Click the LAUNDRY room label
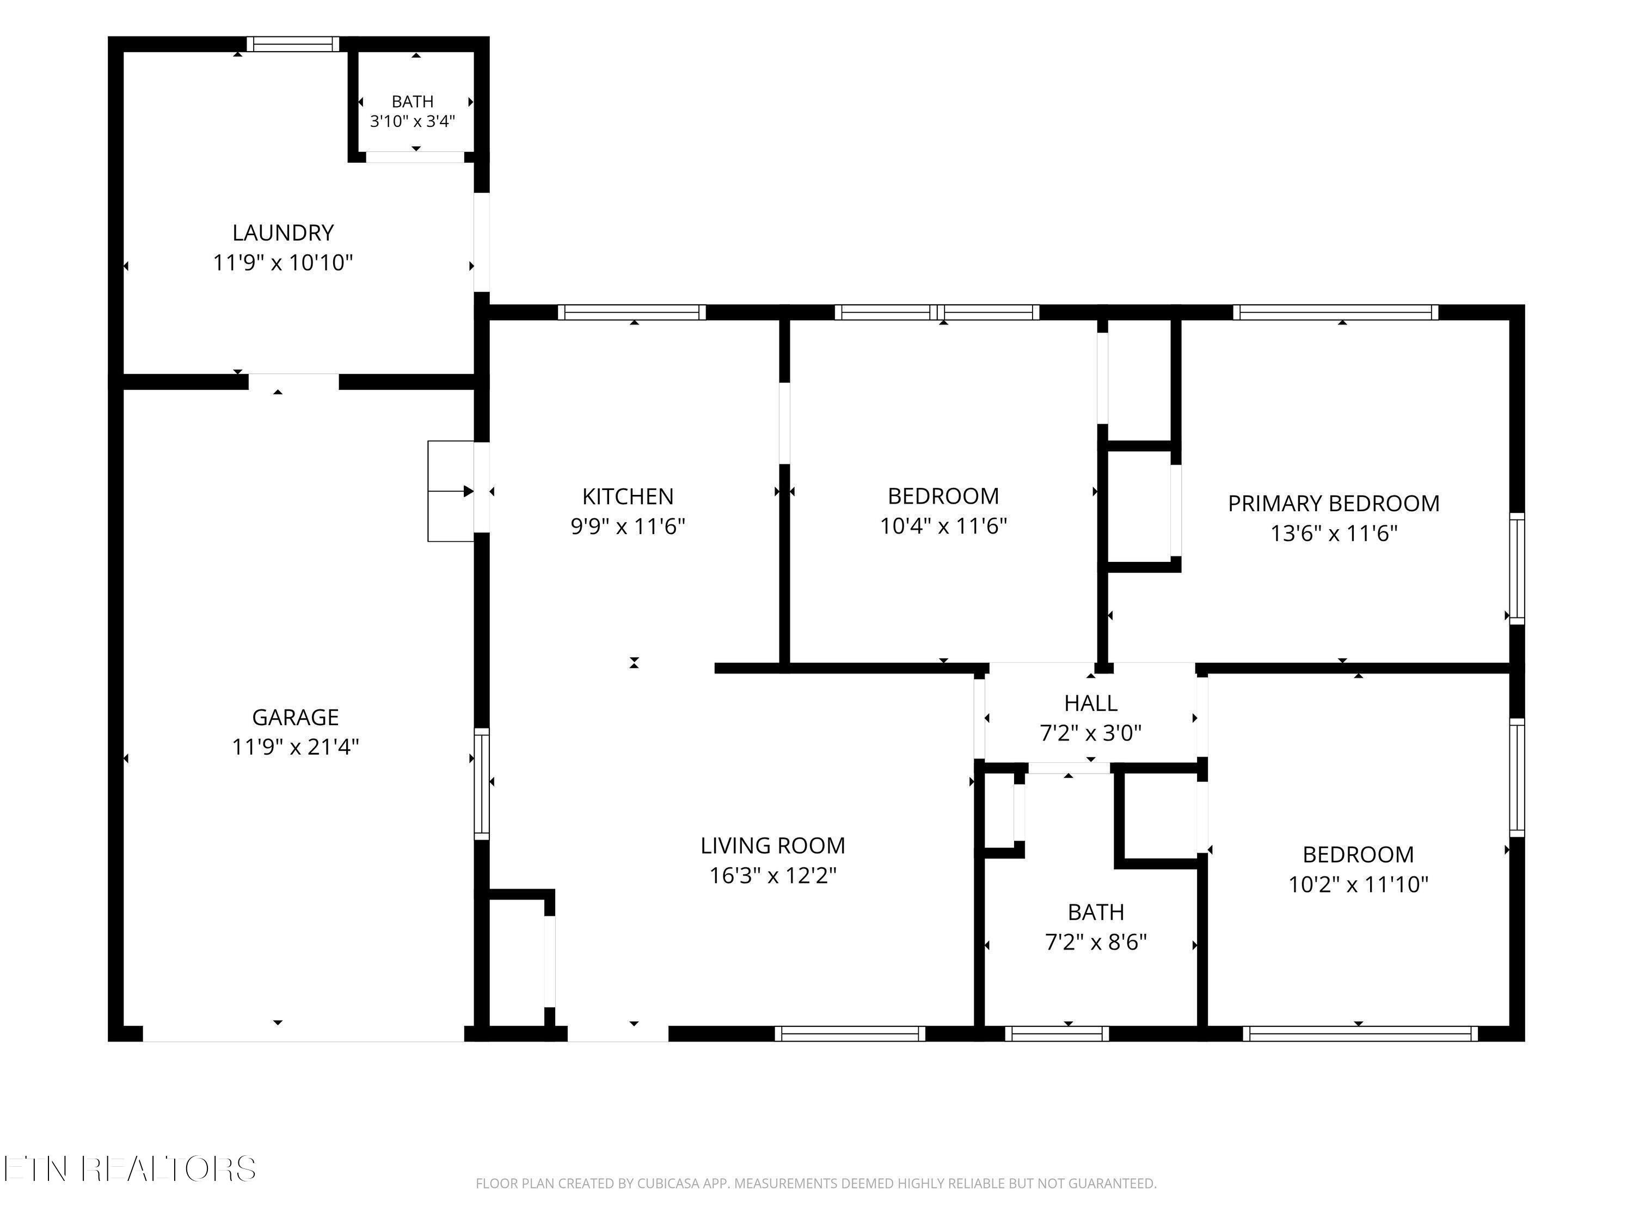[x=284, y=232]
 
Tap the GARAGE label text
[x=295, y=717]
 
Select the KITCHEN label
[x=628, y=496]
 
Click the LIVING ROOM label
[x=773, y=846]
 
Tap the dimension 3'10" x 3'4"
[x=413, y=121]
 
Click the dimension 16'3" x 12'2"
[x=773, y=875]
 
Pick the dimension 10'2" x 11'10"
[x=1358, y=885]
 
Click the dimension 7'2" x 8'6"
[x=1096, y=943]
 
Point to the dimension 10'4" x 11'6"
[x=943, y=526]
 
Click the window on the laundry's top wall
[x=293, y=44]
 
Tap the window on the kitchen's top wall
[x=632, y=313]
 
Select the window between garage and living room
[x=481, y=783]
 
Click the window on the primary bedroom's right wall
[x=1517, y=568]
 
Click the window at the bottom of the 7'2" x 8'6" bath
[x=1057, y=1034]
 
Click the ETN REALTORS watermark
[x=130, y=1169]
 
